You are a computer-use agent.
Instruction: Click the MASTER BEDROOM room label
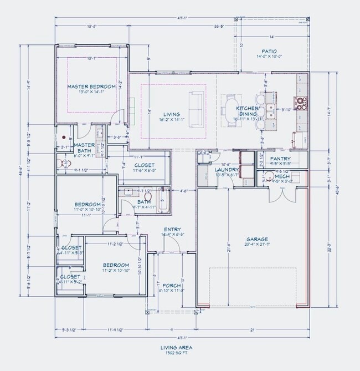(x=91, y=87)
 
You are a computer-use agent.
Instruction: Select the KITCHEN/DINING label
(x=246, y=111)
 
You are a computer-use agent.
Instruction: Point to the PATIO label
(x=270, y=50)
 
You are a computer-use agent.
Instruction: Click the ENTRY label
(x=172, y=229)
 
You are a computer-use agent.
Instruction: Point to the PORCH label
(x=172, y=286)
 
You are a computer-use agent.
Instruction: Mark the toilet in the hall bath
(x=148, y=196)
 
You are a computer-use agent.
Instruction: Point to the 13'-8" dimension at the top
(x=91, y=26)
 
